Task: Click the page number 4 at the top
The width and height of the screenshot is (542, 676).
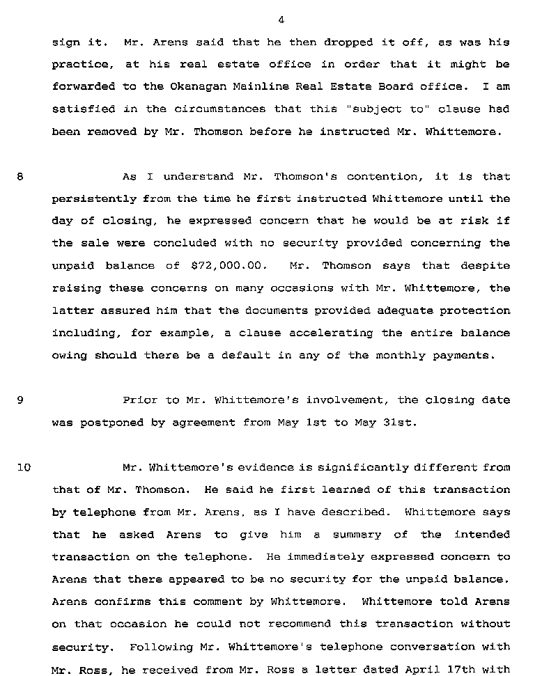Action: (x=281, y=19)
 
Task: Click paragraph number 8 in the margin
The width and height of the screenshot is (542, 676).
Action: (x=20, y=177)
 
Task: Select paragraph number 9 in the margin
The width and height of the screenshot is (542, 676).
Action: (x=20, y=400)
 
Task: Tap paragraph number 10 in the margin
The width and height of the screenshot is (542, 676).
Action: (x=23, y=467)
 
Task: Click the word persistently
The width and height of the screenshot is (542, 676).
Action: (x=93, y=199)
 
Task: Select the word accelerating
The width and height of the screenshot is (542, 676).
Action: (x=336, y=333)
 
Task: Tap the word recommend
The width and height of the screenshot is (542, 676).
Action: (x=317, y=624)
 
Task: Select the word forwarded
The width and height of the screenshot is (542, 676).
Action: (x=81, y=87)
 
